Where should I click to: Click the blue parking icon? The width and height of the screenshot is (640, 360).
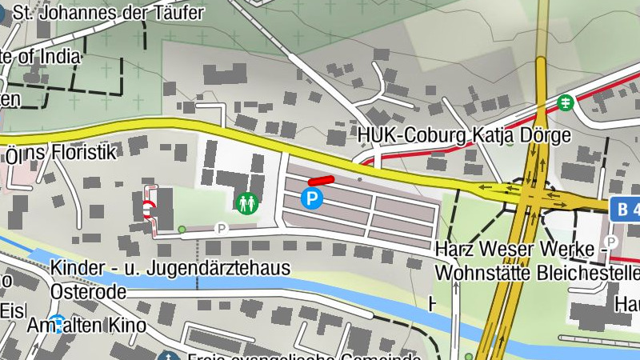coord(312,199)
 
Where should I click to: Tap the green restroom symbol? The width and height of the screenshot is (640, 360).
coord(246,203)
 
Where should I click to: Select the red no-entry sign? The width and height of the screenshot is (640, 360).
coord(149,210)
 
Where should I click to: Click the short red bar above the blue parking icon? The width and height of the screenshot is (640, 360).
coord(321,182)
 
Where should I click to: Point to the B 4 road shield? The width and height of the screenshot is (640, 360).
coord(626,210)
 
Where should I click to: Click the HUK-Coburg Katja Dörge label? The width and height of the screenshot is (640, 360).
coord(464,134)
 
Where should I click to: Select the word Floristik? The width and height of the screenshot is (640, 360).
coord(85,152)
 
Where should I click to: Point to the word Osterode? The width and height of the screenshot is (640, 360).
coord(88,291)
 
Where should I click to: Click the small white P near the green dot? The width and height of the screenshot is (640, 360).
coord(222,228)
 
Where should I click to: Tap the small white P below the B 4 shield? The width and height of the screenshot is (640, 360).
coord(611,242)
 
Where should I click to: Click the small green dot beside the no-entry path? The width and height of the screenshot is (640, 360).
coord(182,230)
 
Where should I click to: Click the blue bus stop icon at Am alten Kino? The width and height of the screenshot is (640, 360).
coord(56,323)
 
